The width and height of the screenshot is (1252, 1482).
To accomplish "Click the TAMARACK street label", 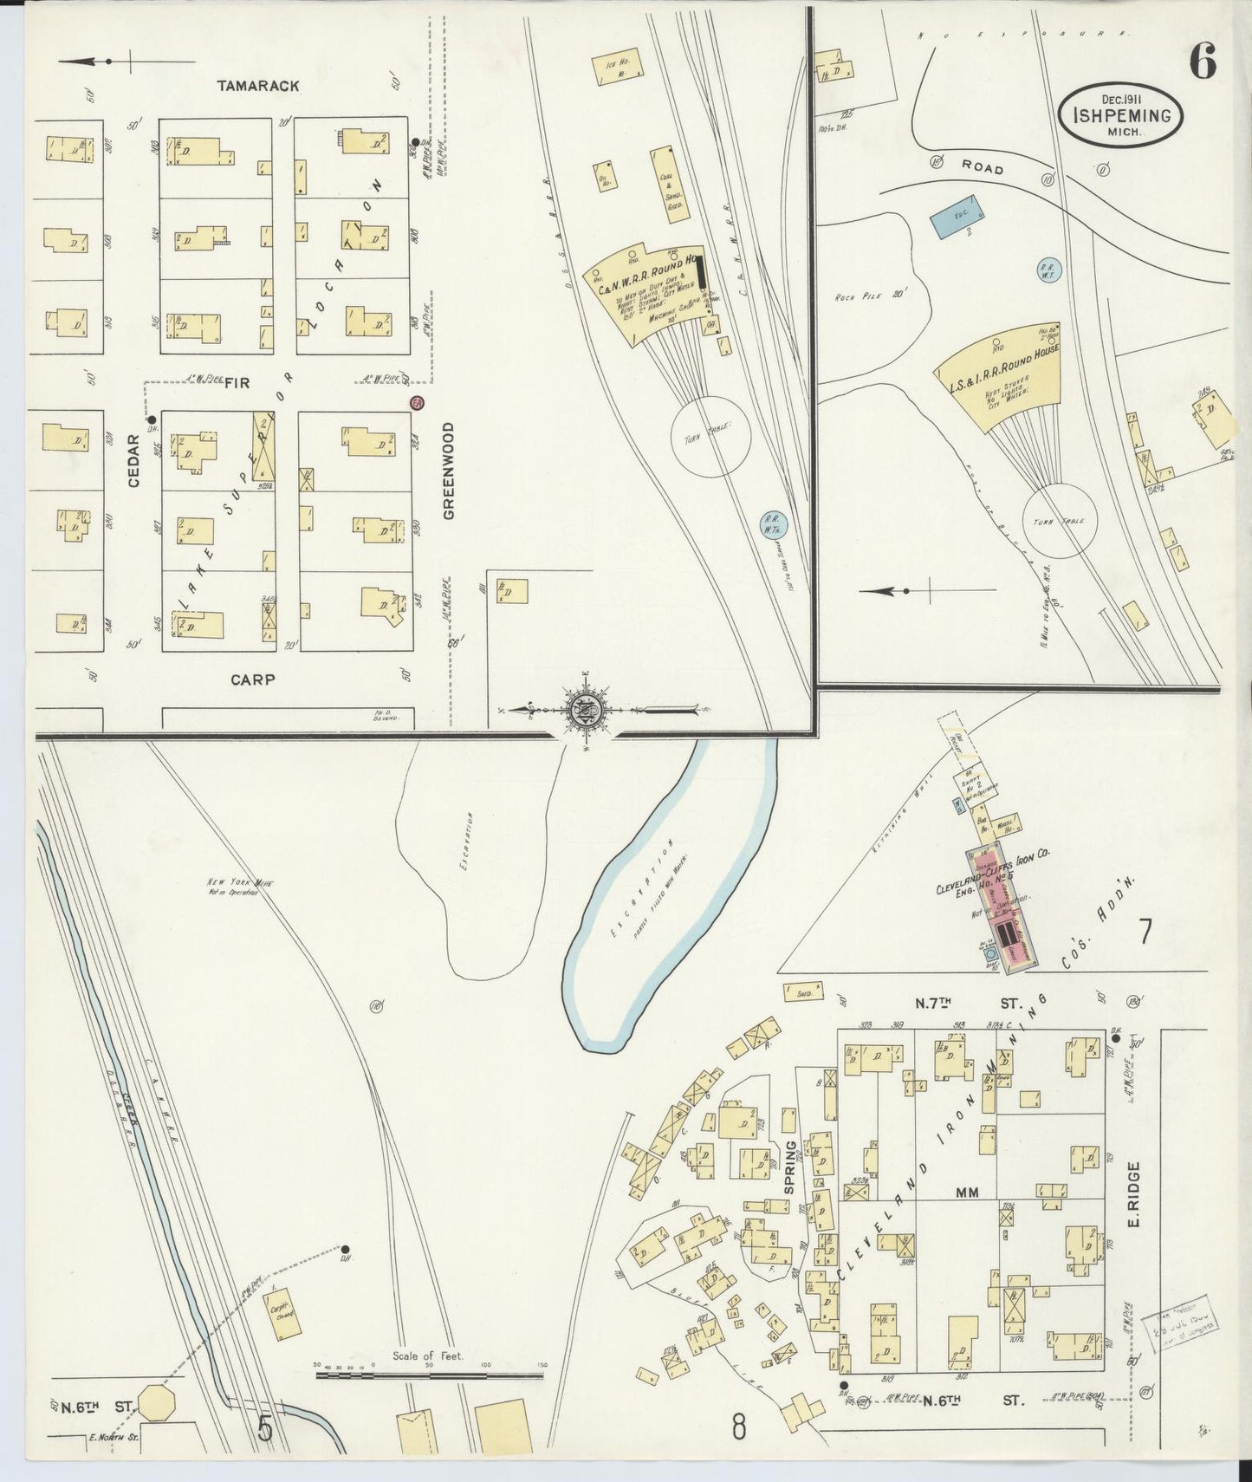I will coord(257,86).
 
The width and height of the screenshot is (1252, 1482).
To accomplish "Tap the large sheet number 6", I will coord(1202,62).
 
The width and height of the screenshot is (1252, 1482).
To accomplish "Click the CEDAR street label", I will coord(133,460).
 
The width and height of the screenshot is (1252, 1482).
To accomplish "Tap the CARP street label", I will coord(253,680).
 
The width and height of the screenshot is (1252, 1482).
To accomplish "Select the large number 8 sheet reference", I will coord(737,1427).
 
